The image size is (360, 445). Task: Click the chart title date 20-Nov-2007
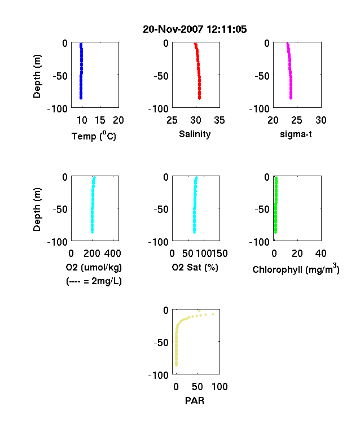[x=173, y=29]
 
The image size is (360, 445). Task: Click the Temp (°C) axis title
[x=94, y=136]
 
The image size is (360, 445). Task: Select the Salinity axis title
[x=195, y=134]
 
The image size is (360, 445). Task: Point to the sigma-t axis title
[x=296, y=134]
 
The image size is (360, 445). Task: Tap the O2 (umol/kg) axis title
[x=94, y=267]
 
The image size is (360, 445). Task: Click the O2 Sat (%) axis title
[x=195, y=267]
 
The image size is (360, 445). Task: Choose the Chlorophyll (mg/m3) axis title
[x=296, y=269]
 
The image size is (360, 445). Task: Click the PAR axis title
[x=195, y=400]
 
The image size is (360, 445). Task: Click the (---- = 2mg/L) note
[x=94, y=281]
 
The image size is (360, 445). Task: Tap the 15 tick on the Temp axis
[x=100, y=120]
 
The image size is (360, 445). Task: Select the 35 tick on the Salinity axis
[x=219, y=120]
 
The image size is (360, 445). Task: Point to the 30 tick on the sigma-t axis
[x=321, y=120]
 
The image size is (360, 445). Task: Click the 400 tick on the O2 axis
[x=112, y=254]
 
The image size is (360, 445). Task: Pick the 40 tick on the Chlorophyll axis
[x=321, y=254]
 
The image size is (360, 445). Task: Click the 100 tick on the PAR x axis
[x=219, y=387]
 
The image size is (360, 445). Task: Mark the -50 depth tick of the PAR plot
[x=161, y=343]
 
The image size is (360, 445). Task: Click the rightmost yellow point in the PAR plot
[x=213, y=314]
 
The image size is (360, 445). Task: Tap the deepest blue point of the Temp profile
[x=81, y=98]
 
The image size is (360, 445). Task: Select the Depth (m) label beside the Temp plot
[x=37, y=76]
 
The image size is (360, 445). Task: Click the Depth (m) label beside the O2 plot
[x=37, y=210]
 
